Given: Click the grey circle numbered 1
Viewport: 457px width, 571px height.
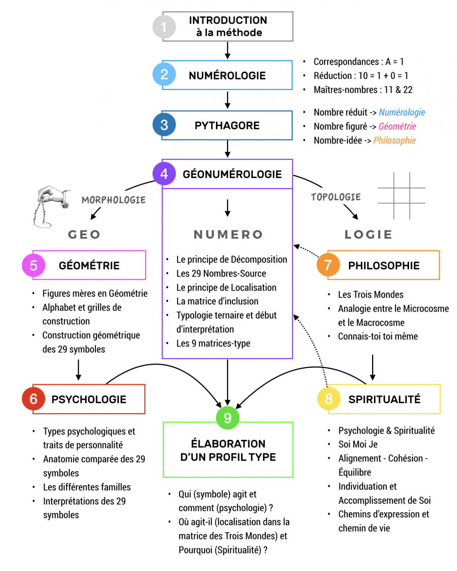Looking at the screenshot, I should click(x=164, y=27).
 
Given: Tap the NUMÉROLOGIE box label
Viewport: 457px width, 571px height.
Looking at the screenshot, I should click(x=227, y=76).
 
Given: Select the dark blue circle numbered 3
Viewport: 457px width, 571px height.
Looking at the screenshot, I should click(x=164, y=125).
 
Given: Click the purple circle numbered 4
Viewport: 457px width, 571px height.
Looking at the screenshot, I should click(x=164, y=174).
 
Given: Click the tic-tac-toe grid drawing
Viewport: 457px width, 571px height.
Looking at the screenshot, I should click(x=401, y=196).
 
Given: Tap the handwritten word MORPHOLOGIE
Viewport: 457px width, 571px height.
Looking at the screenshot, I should click(x=113, y=200).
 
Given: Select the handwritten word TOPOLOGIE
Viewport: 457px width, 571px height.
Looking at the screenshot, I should click(x=336, y=197).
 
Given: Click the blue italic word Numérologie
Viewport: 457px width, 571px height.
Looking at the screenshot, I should click(x=402, y=113).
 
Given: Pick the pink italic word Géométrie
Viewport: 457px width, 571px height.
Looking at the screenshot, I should click(x=397, y=127).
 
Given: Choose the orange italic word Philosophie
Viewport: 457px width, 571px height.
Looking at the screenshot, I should click(x=395, y=141).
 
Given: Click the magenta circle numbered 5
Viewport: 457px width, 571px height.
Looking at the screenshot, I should click(x=34, y=265).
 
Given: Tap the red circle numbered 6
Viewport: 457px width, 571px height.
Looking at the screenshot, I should click(x=34, y=399).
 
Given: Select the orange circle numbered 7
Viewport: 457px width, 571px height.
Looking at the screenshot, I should click(x=328, y=265).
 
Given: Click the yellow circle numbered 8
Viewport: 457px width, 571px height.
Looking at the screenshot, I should click(x=329, y=399).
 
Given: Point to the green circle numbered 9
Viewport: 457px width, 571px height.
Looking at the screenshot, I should click(x=227, y=418).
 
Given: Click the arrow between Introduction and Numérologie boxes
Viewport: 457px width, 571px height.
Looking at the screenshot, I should click(x=227, y=50).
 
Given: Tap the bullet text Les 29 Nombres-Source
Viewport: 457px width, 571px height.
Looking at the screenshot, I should click(x=221, y=273).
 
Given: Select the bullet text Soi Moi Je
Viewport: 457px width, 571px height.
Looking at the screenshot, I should click(x=358, y=444).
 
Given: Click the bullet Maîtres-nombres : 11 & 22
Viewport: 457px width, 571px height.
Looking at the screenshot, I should click(x=363, y=90).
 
